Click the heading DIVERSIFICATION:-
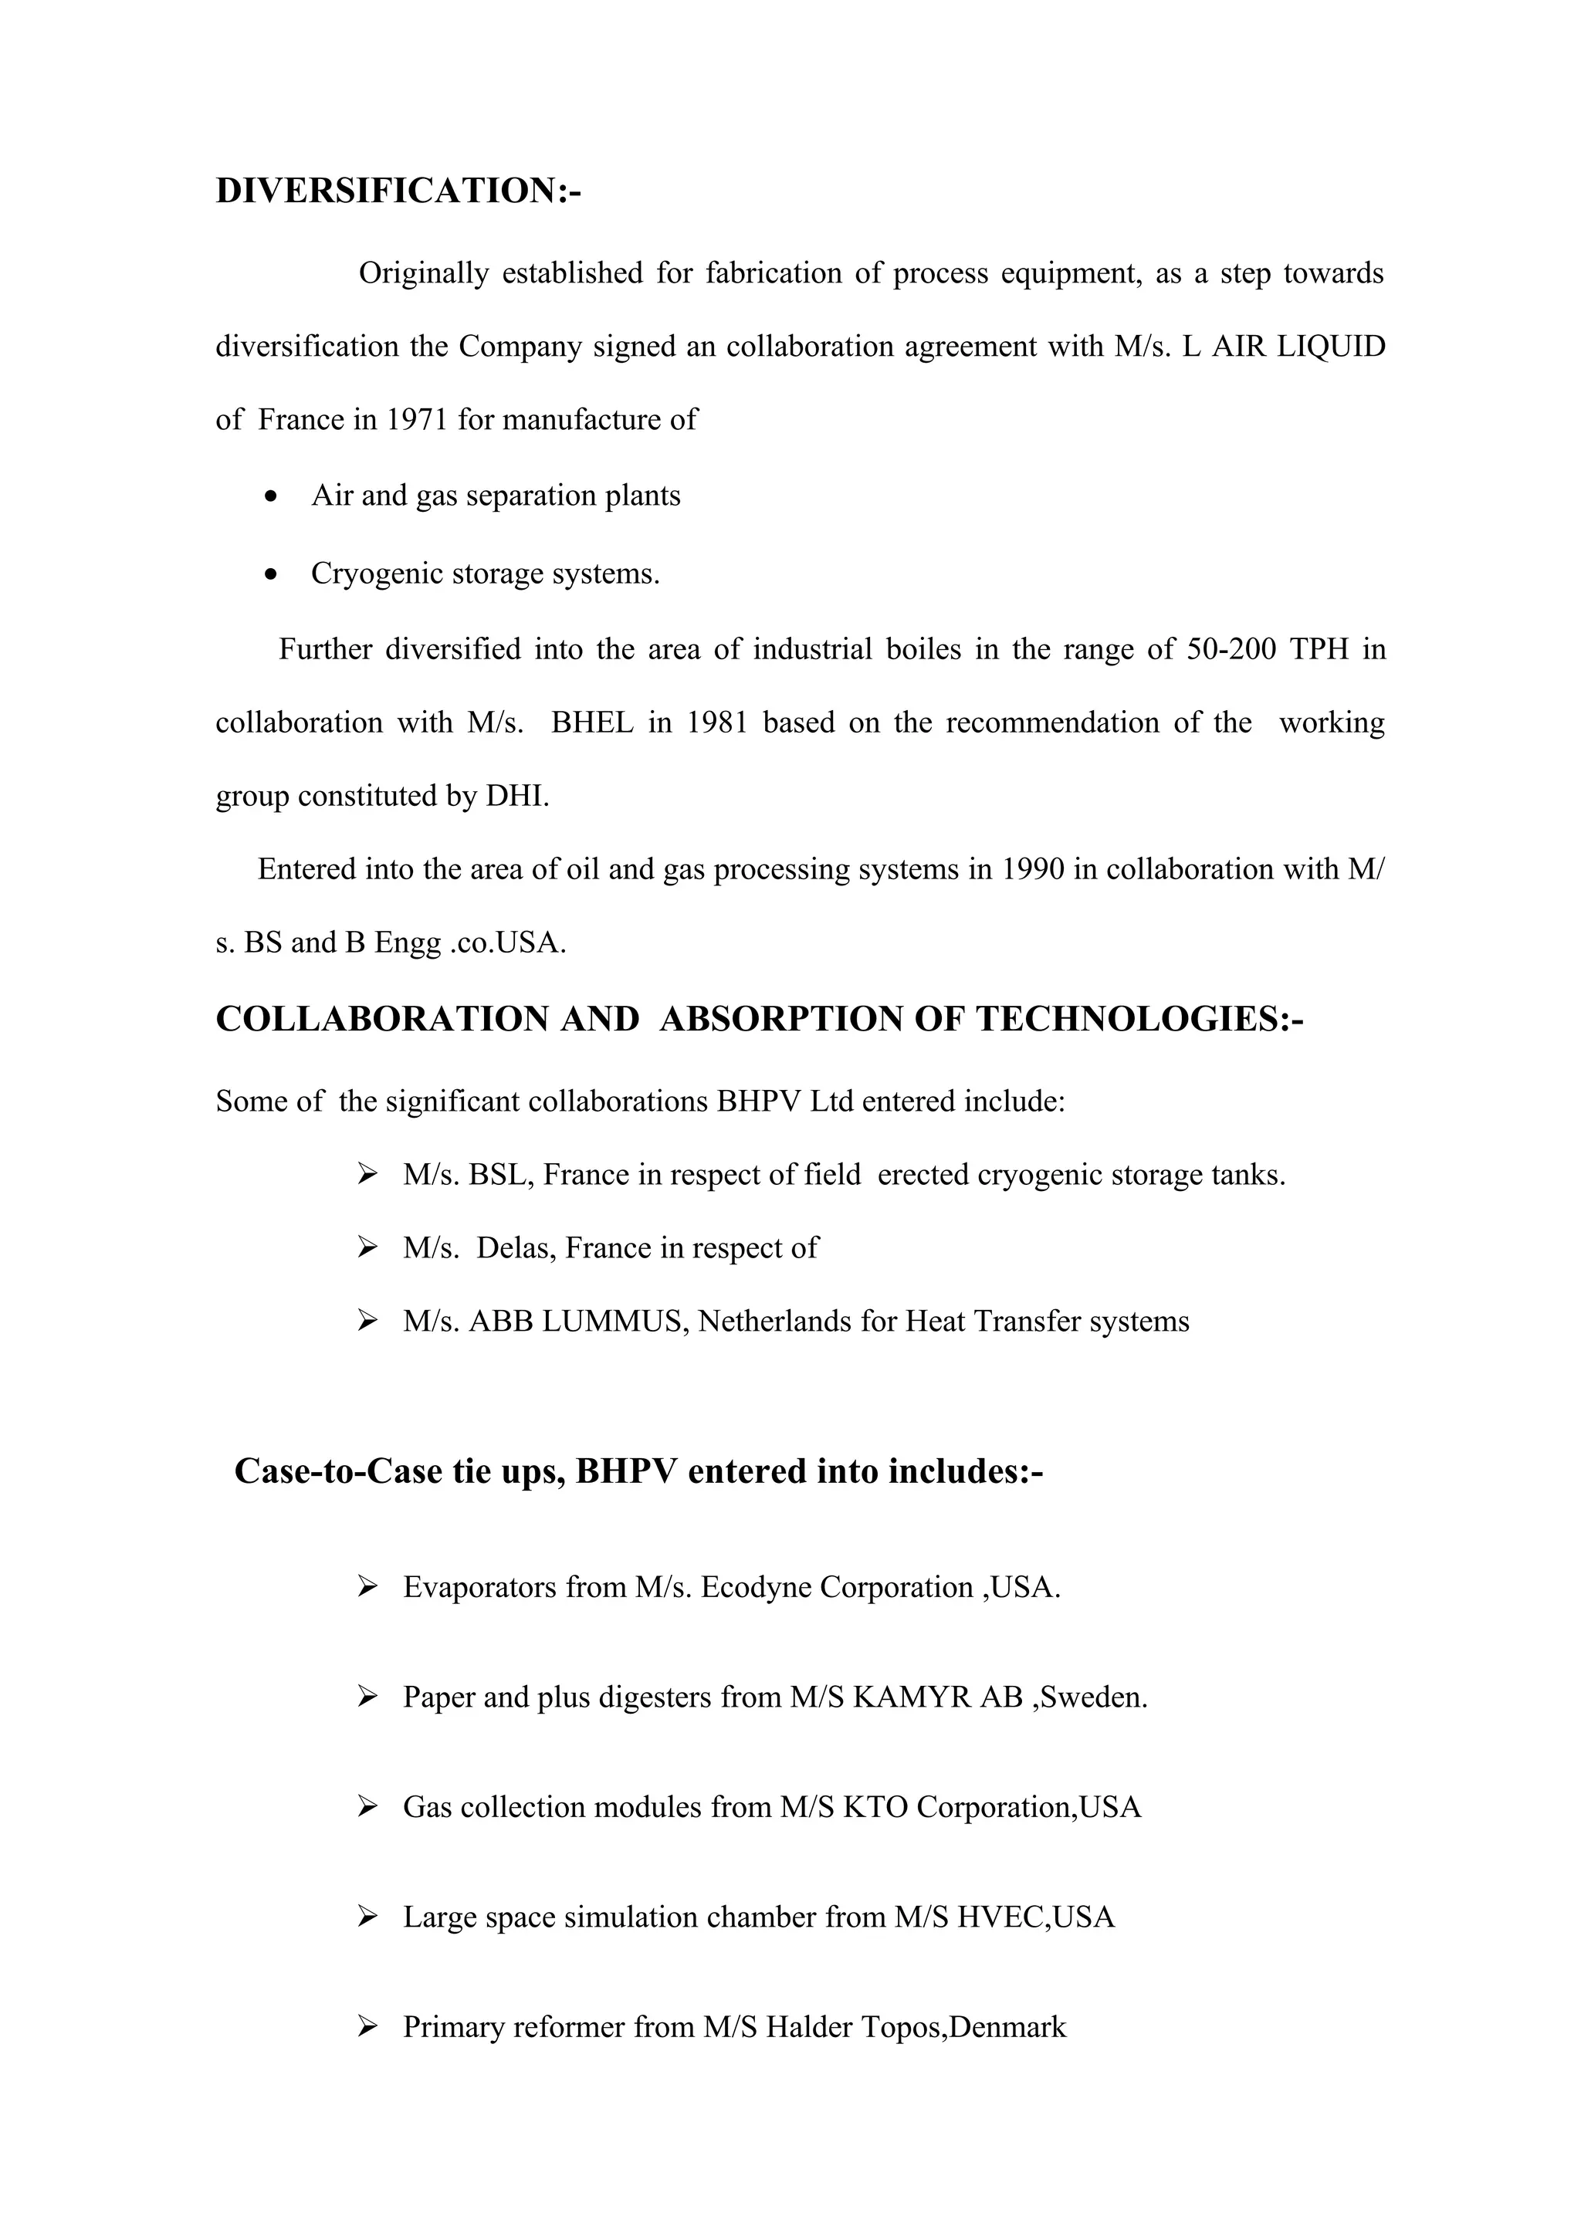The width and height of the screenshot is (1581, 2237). (398, 191)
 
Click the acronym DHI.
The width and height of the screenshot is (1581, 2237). (517, 796)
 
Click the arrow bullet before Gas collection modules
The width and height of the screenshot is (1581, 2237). (367, 1807)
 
